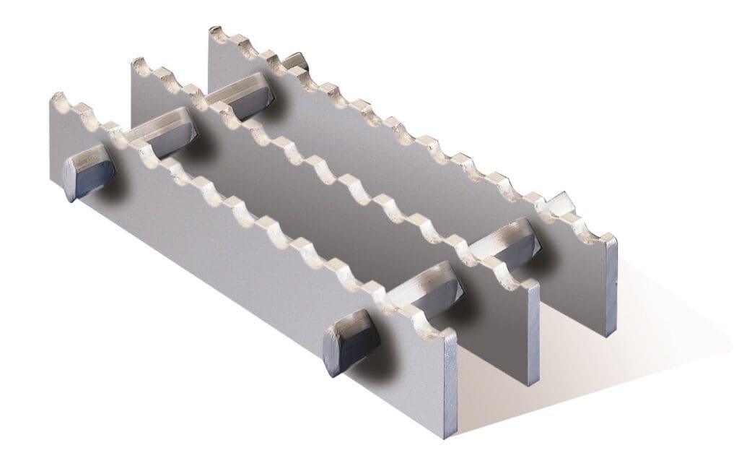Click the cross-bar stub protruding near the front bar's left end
tap(89, 175)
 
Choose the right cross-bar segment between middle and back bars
tap(502, 246)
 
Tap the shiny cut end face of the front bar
tap(448, 383)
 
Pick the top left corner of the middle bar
tap(132, 62)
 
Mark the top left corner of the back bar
tap(211, 29)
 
